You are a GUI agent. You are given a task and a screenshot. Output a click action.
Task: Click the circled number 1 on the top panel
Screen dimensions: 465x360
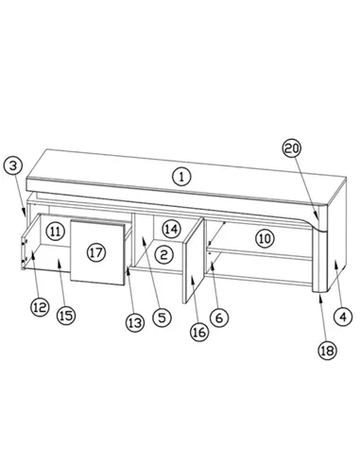(x=181, y=175)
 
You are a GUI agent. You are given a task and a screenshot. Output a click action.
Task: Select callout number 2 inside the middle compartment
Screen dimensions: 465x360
(x=163, y=253)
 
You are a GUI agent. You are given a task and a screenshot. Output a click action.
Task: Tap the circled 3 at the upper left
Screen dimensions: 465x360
(x=12, y=165)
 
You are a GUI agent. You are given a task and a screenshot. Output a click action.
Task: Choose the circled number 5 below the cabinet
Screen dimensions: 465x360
(x=162, y=319)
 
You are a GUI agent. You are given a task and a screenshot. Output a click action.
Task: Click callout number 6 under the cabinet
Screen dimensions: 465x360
(x=218, y=319)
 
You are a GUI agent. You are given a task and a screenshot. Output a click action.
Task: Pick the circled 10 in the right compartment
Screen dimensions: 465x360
(x=265, y=238)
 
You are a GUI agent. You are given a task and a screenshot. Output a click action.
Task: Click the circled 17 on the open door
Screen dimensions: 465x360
(x=95, y=253)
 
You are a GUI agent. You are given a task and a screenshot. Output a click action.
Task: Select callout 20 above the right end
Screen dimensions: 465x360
(x=293, y=149)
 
